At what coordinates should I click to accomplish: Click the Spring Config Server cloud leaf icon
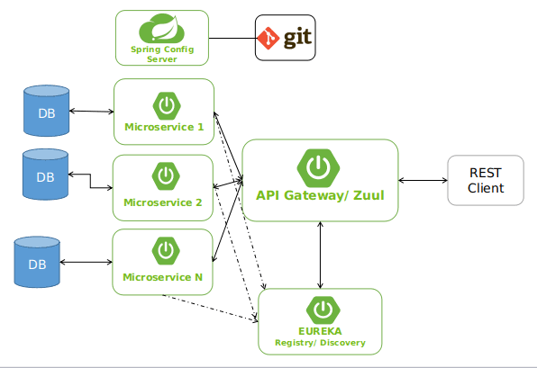point(161,30)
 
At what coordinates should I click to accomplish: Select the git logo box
point(285,38)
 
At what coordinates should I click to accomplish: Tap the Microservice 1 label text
point(163,127)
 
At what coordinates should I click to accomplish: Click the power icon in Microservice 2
point(165,175)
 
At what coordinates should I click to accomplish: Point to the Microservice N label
point(163,277)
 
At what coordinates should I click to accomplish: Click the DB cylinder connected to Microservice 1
point(46,111)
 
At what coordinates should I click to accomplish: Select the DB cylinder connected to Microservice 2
point(46,175)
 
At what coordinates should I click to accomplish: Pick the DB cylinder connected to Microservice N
point(37,262)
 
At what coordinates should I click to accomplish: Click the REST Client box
point(486,181)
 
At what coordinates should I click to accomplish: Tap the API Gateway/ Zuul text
point(320,195)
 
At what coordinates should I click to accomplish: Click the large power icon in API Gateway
point(318,166)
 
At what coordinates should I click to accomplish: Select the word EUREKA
point(320,331)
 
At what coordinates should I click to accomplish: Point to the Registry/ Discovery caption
point(320,343)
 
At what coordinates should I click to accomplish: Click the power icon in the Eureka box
point(320,310)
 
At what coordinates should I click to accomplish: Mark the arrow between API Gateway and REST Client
point(423,181)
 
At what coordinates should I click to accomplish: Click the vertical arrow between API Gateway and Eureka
point(320,254)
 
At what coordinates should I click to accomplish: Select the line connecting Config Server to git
point(232,38)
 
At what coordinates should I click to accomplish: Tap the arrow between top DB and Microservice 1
point(91,112)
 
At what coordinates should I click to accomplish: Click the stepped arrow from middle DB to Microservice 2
point(90,181)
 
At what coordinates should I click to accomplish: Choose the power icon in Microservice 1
point(165,106)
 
